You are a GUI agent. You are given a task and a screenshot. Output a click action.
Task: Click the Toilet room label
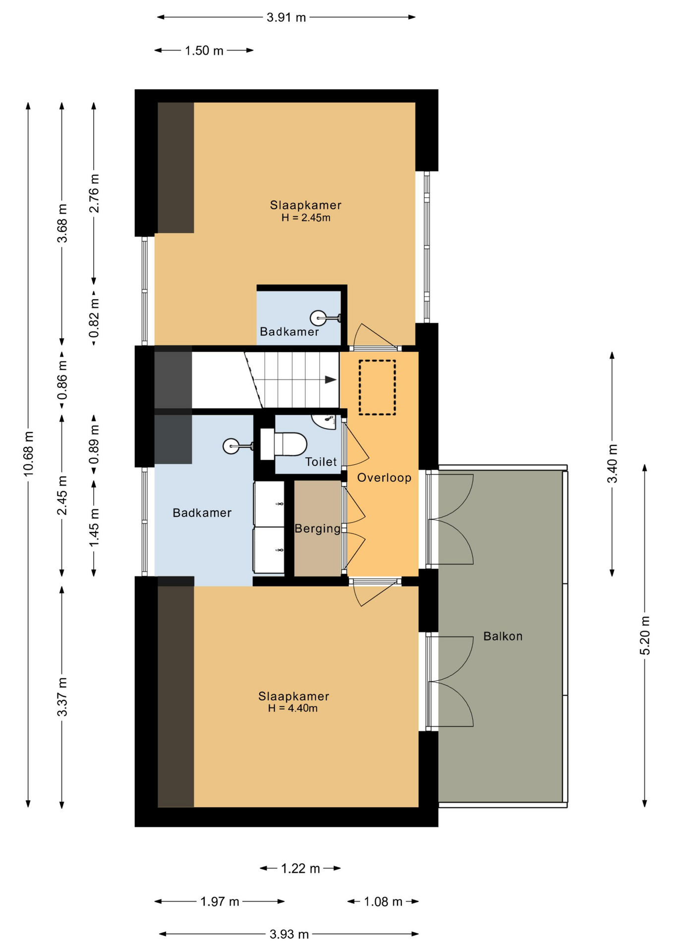click(x=321, y=462)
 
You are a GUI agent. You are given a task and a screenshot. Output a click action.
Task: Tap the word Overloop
click(x=384, y=477)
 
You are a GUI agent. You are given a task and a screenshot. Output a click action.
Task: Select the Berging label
click(x=318, y=529)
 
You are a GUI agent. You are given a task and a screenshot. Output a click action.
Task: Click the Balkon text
click(x=503, y=636)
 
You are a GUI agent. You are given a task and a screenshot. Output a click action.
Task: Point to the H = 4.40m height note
click(x=293, y=708)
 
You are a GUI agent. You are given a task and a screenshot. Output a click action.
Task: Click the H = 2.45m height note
click(x=306, y=217)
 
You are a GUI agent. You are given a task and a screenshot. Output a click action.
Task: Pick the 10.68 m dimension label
click(x=29, y=454)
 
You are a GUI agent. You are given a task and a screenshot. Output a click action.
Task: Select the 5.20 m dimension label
click(x=645, y=636)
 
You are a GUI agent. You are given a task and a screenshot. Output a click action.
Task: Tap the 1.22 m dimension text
click(x=300, y=868)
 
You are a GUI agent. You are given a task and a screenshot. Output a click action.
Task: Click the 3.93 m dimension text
click(x=289, y=934)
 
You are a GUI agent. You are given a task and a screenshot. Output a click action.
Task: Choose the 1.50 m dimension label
click(x=204, y=51)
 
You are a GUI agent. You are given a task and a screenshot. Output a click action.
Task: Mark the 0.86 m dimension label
click(x=62, y=380)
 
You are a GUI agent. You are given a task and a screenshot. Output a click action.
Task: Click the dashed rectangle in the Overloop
click(x=377, y=387)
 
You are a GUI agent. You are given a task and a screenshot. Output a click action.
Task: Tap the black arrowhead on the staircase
click(x=331, y=380)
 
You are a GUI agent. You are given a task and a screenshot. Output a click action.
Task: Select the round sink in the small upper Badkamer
click(x=318, y=317)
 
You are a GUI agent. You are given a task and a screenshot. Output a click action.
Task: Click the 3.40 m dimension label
click(x=613, y=464)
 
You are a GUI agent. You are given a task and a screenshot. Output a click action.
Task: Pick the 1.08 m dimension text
click(x=383, y=901)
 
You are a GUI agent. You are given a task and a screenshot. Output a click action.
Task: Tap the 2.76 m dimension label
click(x=94, y=193)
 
